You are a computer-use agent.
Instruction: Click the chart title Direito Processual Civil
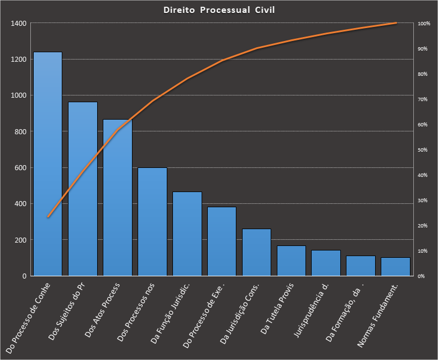219,10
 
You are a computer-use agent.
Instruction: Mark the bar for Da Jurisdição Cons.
257,252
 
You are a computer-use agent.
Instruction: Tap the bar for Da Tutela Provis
291,261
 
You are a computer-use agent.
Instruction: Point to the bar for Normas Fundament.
395,267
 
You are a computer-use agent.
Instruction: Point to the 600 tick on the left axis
20,168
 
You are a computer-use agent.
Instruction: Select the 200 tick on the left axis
20,240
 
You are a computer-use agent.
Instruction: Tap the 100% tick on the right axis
423,24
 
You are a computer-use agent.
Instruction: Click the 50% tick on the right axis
423,150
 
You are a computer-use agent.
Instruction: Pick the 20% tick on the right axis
423,226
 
